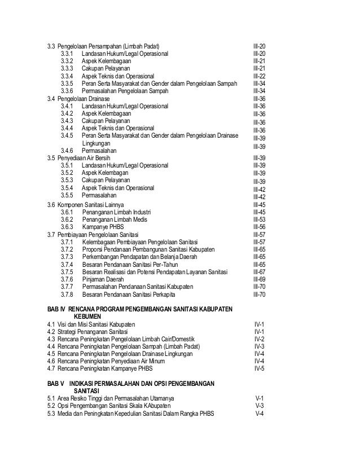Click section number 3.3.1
pos(67,53)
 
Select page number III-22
pos(260,76)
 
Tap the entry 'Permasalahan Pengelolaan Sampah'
pos(124,91)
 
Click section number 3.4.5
pos(67,135)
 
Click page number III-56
pos(260,227)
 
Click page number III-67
pos(260,271)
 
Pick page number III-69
pos(260,279)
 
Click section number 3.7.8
pos(67,294)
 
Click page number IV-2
pos(260,339)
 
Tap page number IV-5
pos(260,368)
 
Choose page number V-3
pos(260,406)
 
